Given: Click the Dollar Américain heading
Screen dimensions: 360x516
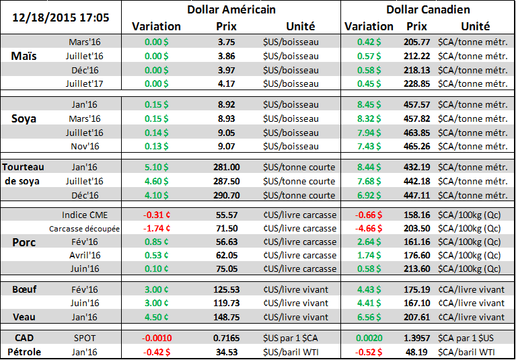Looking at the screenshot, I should click(231, 10).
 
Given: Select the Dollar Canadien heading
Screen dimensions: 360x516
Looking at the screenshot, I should click(428, 10).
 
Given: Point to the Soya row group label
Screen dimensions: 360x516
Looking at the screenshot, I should click(25, 118).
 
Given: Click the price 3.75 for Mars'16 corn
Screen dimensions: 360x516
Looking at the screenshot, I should click(226, 42).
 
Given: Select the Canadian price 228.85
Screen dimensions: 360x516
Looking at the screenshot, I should click(418, 83).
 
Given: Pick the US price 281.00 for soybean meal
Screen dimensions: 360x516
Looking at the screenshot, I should click(226, 167).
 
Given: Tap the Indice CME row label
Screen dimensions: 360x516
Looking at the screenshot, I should click(84, 215).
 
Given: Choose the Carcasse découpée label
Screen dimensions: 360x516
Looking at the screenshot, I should click(84, 229).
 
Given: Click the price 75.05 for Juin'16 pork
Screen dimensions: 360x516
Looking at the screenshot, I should click(226, 268).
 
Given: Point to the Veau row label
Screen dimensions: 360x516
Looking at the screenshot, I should click(24, 317).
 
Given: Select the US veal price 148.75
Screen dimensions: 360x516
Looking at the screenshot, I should click(226, 317).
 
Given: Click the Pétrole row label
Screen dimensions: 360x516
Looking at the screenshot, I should click(24, 350).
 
